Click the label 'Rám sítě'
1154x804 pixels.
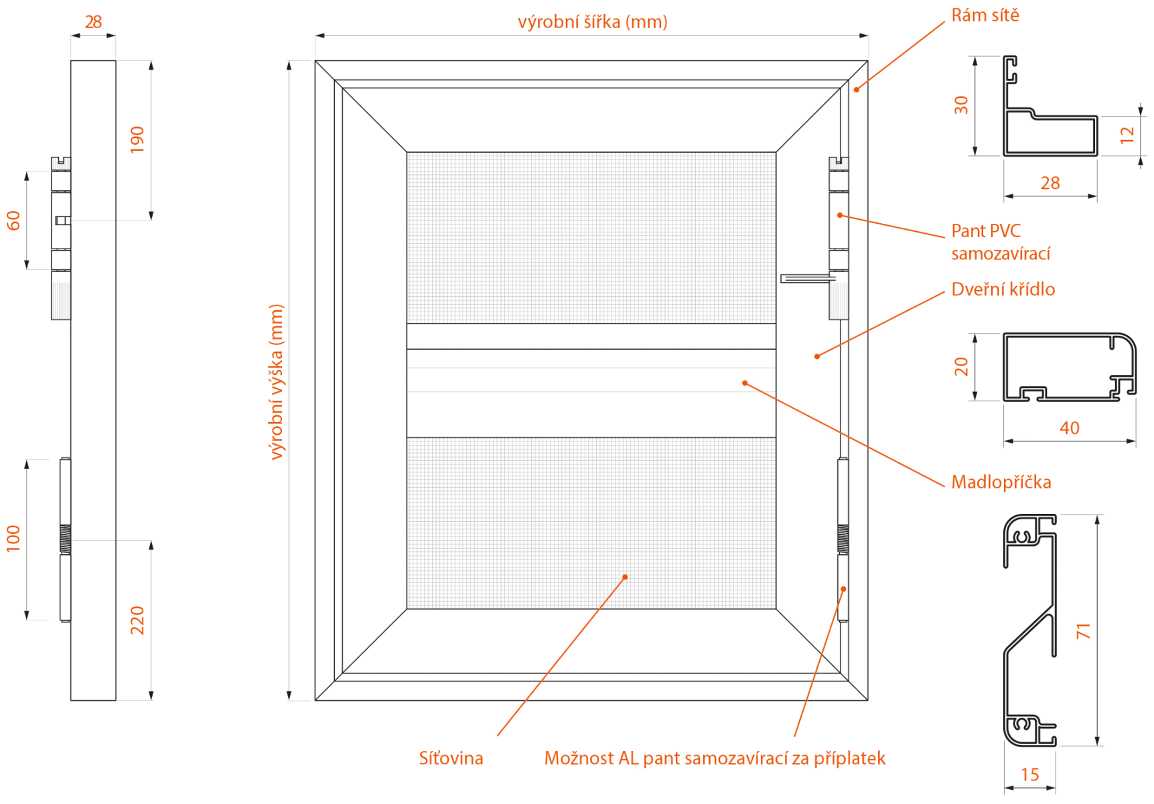tap(985, 15)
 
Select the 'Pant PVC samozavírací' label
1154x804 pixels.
tap(1001, 242)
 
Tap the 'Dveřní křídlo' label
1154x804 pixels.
tap(1003, 289)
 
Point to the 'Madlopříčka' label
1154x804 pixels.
tap(1001, 482)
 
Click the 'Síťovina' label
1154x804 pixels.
tap(451, 758)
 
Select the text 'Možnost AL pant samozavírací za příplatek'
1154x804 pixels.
tap(715, 758)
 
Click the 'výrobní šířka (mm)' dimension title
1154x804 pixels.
tap(592, 22)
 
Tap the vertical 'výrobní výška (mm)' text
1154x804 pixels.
tap(276, 381)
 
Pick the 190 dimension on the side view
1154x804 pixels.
tap(137, 139)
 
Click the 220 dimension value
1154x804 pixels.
tap(137, 620)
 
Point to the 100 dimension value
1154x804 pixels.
tap(13, 539)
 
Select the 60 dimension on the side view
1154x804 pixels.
tap(13, 220)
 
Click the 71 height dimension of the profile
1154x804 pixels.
tap(1083, 630)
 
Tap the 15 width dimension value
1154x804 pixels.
tap(1029, 775)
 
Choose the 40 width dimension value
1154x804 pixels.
tap(1069, 428)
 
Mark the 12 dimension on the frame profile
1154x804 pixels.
tap(1127, 135)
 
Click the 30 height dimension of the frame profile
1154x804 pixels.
tap(961, 105)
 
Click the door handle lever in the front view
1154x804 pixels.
tap(808, 278)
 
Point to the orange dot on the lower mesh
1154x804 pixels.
tap(625, 577)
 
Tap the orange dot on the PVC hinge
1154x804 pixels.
tap(839, 215)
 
